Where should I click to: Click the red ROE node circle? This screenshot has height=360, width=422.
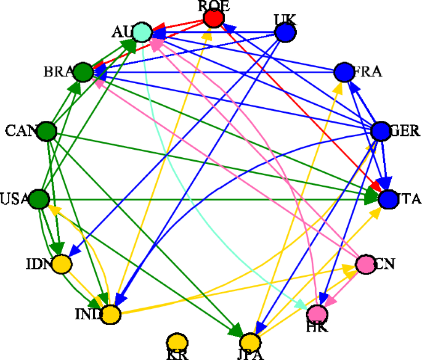point(213,18)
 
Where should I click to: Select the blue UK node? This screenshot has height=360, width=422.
point(285,32)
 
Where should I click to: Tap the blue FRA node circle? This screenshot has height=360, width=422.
point(343,72)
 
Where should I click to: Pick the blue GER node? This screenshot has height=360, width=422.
point(381,130)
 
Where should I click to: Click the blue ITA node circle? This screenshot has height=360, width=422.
point(389,199)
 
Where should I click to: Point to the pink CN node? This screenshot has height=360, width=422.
point(365,264)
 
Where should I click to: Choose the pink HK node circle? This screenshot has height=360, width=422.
point(318,314)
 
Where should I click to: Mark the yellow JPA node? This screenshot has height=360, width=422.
point(250,342)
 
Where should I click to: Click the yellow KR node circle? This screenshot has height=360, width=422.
point(177,342)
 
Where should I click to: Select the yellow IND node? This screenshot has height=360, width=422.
point(110,314)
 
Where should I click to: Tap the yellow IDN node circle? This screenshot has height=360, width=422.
point(61,264)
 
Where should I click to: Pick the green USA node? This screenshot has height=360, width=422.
point(39,199)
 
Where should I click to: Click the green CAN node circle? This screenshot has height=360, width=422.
point(47,130)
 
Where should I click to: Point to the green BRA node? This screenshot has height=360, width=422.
point(83,72)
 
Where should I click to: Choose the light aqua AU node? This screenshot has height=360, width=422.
point(142,32)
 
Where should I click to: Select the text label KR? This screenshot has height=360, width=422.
point(177,355)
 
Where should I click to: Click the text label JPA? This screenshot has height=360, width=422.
point(250,355)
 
